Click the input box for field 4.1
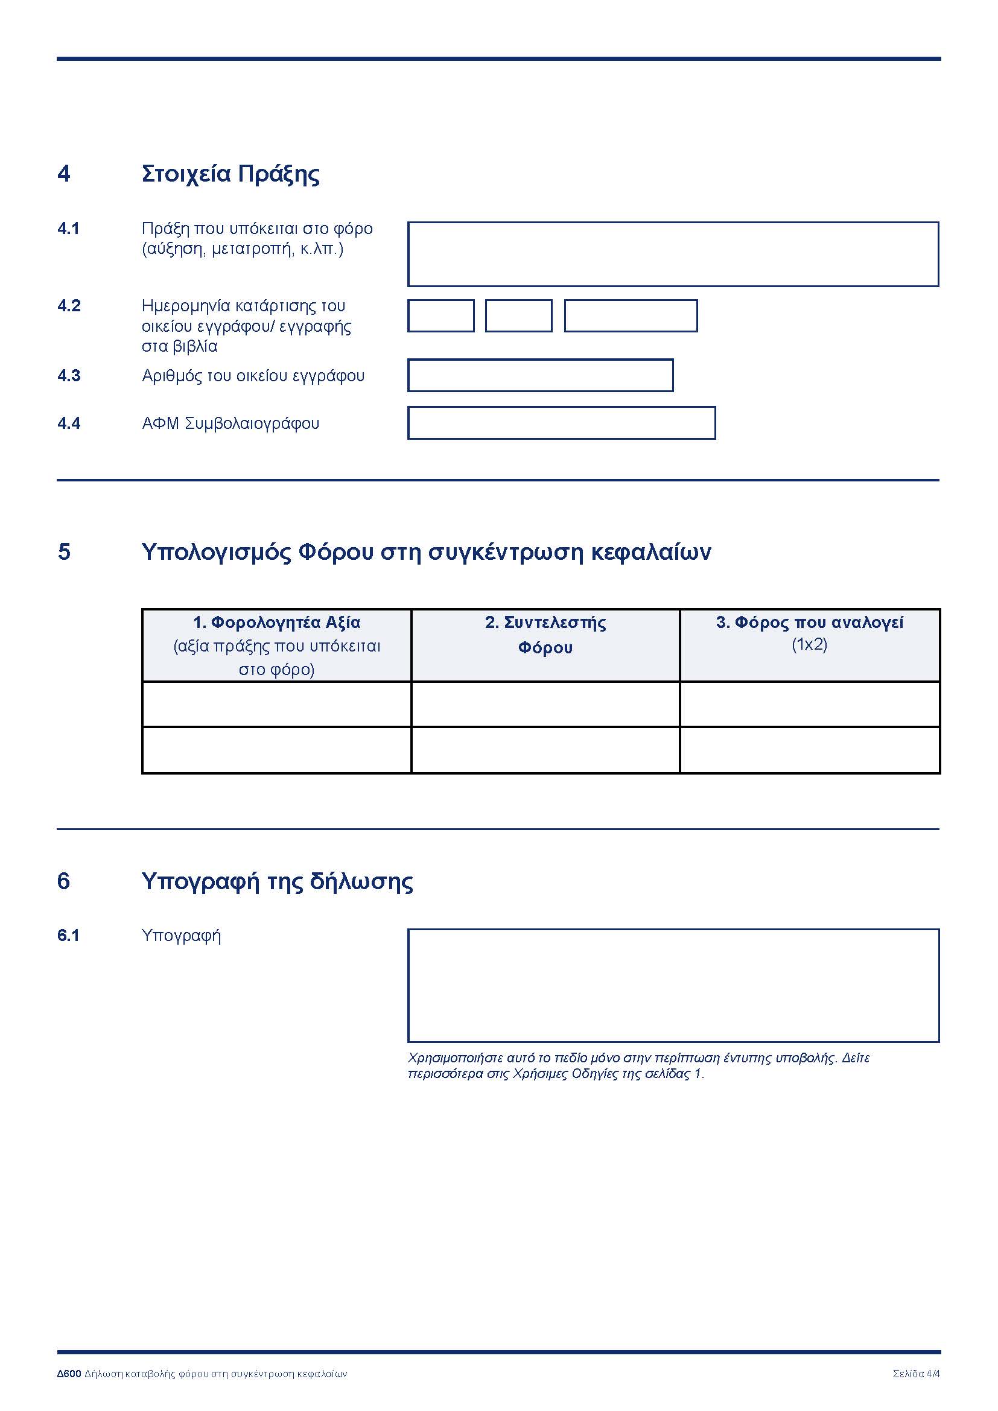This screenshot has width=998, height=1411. pyautogui.click(x=673, y=254)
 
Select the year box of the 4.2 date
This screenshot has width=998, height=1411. pyautogui.click(x=631, y=316)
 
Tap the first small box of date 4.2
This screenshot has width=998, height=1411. pyautogui.click(x=440, y=316)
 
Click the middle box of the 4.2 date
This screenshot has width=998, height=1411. pyautogui.click(x=519, y=316)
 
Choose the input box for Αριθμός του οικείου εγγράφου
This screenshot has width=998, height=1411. pyautogui.click(x=540, y=375)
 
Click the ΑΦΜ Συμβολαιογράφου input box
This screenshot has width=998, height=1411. pyautogui.click(x=561, y=423)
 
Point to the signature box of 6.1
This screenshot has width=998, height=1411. pyautogui.click(x=673, y=986)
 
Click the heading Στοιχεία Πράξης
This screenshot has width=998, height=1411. pyautogui.click(x=230, y=174)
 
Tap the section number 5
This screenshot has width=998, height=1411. pyautogui.click(x=64, y=551)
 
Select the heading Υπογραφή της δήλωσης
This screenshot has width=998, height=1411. pyautogui.click(x=277, y=881)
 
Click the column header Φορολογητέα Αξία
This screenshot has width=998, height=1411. pyautogui.click(x=276, y=623)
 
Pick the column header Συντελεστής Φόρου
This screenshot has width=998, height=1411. pyautogui.click(x=545, y=634)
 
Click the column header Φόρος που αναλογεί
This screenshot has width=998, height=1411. pyautogui.click(x=809, y=623)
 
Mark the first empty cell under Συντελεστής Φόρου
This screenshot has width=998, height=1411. pyautogui.click(x=545, y=704)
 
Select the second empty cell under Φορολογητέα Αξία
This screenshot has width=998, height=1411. pyautogui.click(x=276, y=750)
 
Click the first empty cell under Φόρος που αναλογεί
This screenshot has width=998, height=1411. pyautogui.click(x=809, y=704)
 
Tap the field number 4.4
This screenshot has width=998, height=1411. pyautogui.click(x=69, y=423)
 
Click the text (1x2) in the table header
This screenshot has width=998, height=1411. pyautogui.click(x=809, y=644)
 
